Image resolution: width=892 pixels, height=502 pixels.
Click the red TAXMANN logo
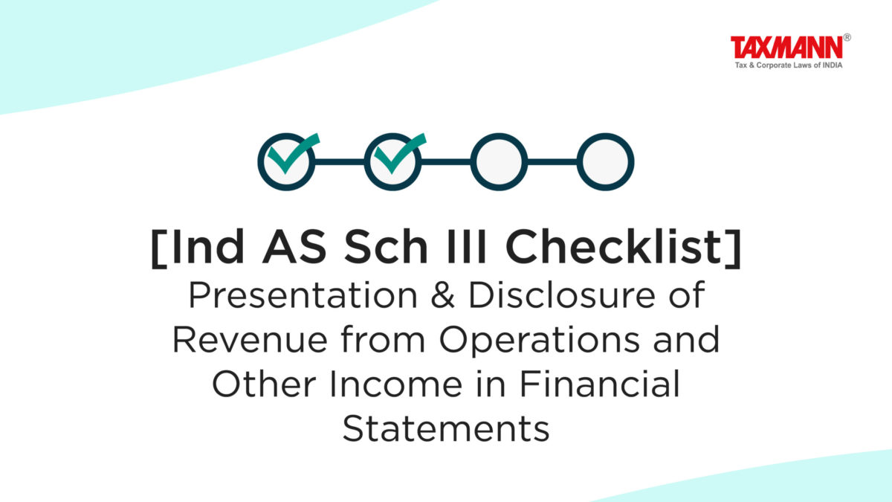tap(786, 48)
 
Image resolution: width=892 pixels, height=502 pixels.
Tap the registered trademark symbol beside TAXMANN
tap(847, 37)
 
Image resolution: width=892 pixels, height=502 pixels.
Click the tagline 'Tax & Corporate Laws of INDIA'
tap(789, 65)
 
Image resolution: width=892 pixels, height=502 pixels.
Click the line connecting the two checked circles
tap(340, 162)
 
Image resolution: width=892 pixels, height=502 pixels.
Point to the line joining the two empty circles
tap(552, 162)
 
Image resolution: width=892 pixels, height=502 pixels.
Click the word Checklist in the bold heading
tap(614, 247)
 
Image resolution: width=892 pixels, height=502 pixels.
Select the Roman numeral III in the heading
tap(466, 247)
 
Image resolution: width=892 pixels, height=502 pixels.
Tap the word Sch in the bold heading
tap(386, 247)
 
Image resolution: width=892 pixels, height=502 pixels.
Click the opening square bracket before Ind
tap(159, 249)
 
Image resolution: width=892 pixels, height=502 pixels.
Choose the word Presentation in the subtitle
tap(303, 295)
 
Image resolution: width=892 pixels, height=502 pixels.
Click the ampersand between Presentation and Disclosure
tap(442, 295)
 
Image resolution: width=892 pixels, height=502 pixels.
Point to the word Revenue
tap(250, 340)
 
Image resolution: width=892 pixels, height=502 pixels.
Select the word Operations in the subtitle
tap(540, 341)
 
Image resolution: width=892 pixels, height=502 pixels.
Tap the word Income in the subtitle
tap(396, 385)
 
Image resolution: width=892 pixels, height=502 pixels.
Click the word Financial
tap(600, 384)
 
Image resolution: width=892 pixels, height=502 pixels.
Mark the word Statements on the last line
tap(446, 429)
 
